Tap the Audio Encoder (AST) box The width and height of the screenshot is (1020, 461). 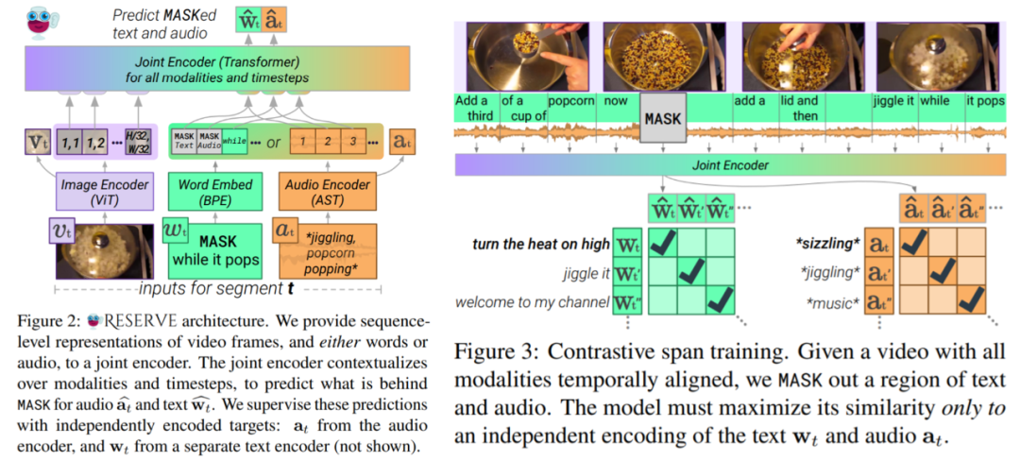[326, 192]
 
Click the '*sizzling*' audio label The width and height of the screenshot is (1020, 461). [828, 244]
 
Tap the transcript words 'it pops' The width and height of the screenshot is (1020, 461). [983, 100]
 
